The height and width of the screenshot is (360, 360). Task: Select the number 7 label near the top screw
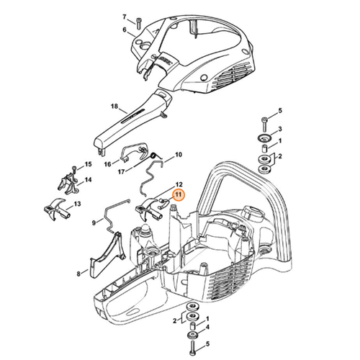(x=124, y=16)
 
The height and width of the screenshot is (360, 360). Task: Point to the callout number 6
(x=124, y=30)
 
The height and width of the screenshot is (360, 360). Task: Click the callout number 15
(x=89, y=165)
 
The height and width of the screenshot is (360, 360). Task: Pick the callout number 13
(x=77, y=204)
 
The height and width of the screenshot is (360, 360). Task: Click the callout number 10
(x=178, y=155)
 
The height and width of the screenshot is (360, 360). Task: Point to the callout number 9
(x=94, y=224)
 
